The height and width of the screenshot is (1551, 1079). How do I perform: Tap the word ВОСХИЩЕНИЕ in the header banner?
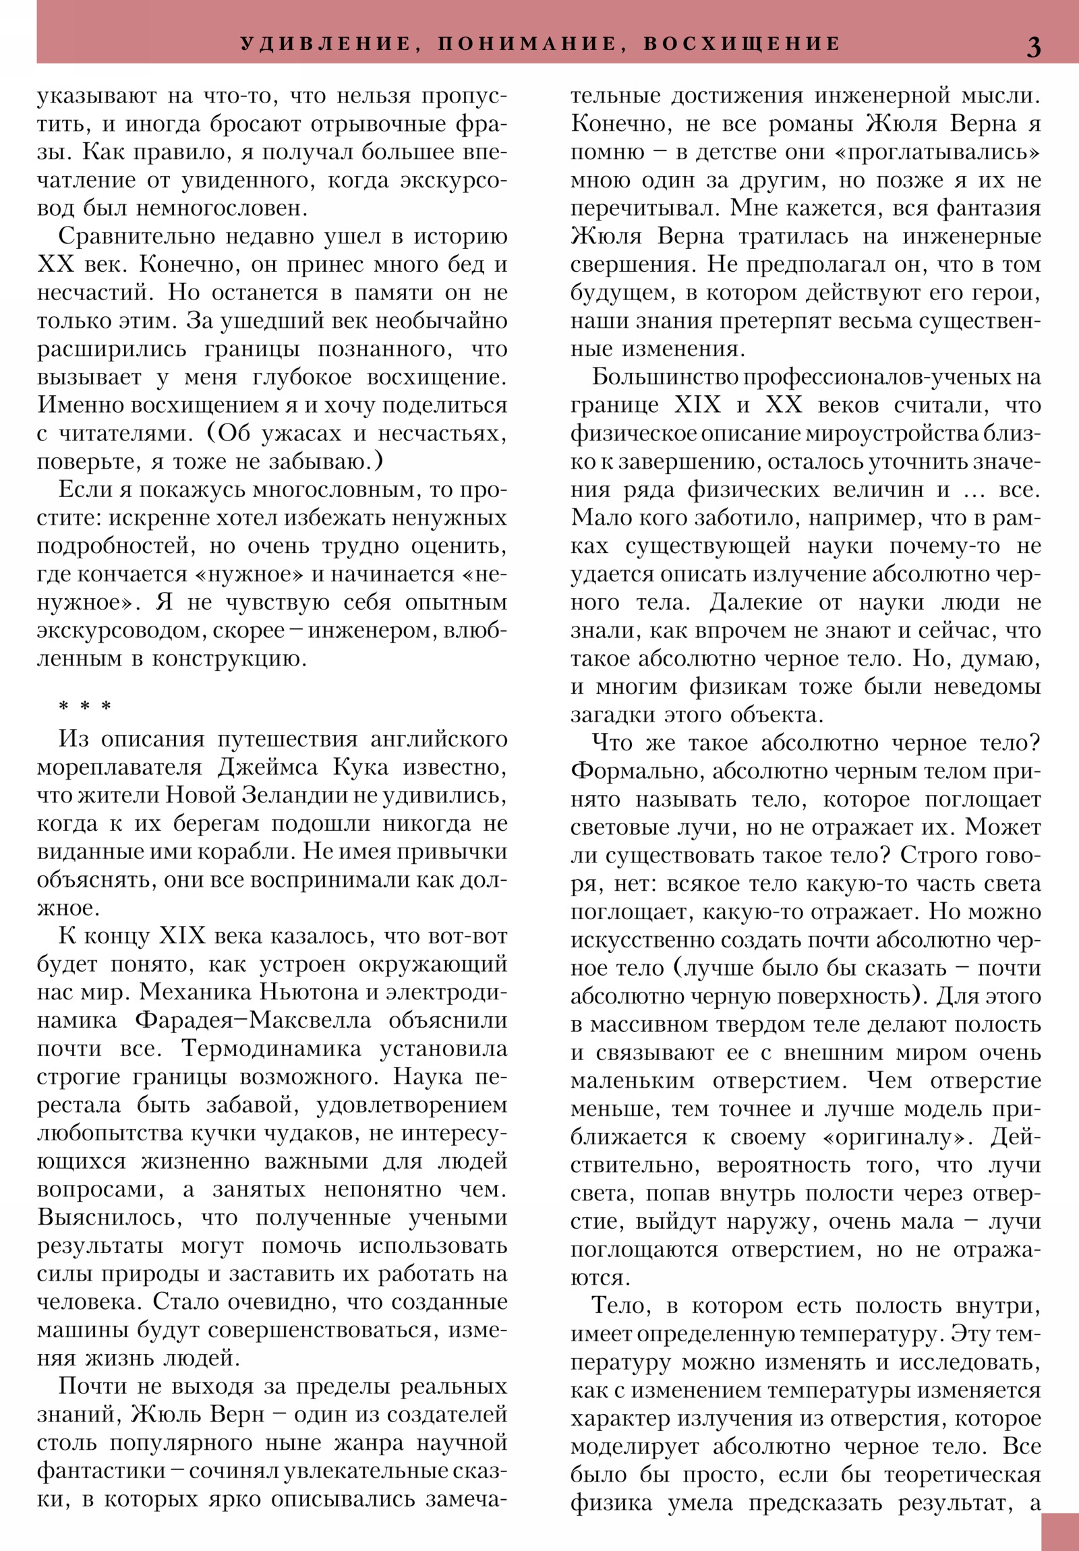coord(742,44)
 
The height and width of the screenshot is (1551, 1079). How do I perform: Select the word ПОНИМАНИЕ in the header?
coord(527,44)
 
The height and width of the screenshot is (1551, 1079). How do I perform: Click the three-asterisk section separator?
coord(85,707)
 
